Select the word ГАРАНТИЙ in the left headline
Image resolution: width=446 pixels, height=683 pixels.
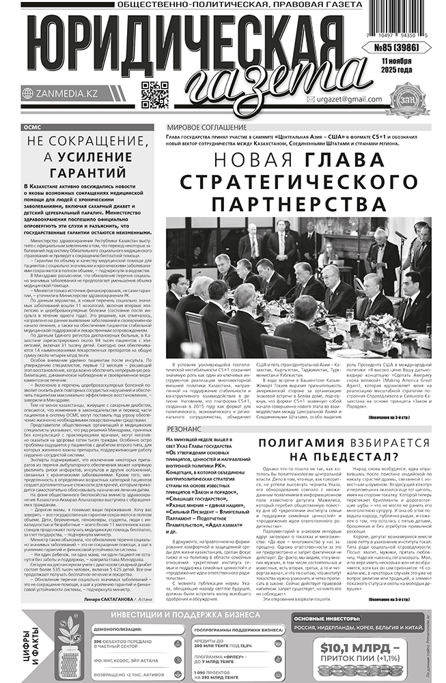(92, 172)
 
